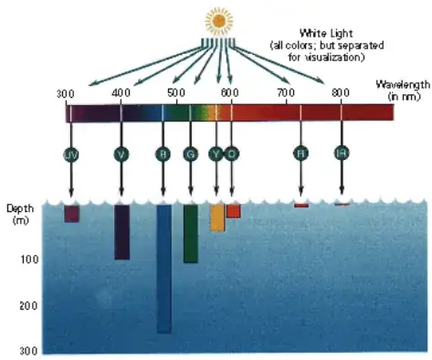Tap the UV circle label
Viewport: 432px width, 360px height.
pos(71,154)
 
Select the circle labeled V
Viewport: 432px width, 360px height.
pos(121,154)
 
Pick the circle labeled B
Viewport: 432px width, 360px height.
pos(163,154)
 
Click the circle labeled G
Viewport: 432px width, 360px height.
pos(190,154)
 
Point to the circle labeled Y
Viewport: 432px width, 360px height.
pos(216,154)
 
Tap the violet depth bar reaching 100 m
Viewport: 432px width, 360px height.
pos(121,232)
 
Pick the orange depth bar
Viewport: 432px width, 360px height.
pos(233,211)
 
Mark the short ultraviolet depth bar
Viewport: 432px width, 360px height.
pos(71,214)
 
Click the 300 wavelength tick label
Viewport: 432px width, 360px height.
pos(65,94)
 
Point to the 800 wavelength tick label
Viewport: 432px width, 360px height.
pos(340,93)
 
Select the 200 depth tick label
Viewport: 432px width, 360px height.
pos(27,305)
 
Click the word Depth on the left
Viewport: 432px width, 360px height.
pos(20,208)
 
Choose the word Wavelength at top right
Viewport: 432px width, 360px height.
pos(403,84)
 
